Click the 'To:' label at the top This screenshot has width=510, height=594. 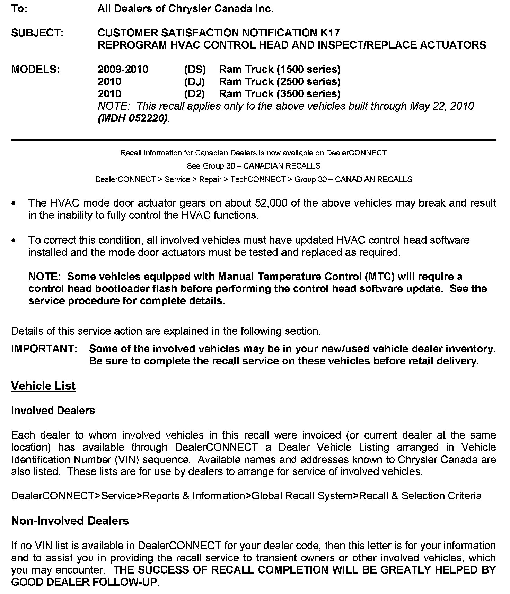click(19, 9)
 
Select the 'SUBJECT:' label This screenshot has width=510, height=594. click(37, 33)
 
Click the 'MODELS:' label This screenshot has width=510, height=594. click(35, 69)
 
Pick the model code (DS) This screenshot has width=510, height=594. click(195, 69)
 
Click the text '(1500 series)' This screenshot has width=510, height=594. click(308, 69)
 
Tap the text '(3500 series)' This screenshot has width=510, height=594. click(308, 93)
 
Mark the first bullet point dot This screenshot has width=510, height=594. click(14, 204)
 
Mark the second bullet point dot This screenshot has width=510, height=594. click(14, 241)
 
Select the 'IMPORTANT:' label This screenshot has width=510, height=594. click(44, 349)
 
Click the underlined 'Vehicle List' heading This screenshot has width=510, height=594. click(43, 386)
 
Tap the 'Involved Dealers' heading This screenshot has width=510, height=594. click(53, 411)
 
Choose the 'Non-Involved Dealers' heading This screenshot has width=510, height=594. click(70, 521)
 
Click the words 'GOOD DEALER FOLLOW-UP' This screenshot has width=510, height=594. click(85, 582)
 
